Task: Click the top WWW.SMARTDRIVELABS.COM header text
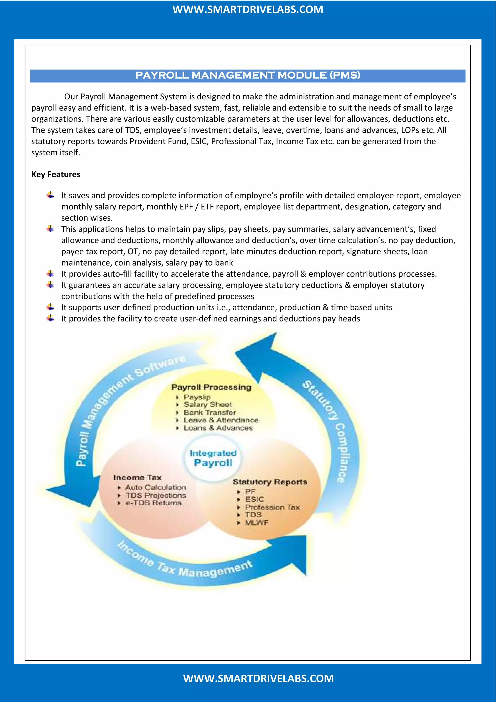point(248,9)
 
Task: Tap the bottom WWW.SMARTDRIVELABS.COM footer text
point(258,678)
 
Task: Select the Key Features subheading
point(56,174)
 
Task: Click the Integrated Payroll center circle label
point(213,458)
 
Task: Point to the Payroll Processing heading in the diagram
point(211,387)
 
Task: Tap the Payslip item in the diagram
point(197,397)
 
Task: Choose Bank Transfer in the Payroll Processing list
point(209,412)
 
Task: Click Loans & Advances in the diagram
point(218,428)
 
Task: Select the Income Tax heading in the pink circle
point(137,477)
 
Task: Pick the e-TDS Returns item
point(153,503)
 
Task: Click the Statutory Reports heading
point(270,482)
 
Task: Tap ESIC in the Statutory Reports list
point(254,499)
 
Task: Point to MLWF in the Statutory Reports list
point(256,523)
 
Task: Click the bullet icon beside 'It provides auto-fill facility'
point(51,274)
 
